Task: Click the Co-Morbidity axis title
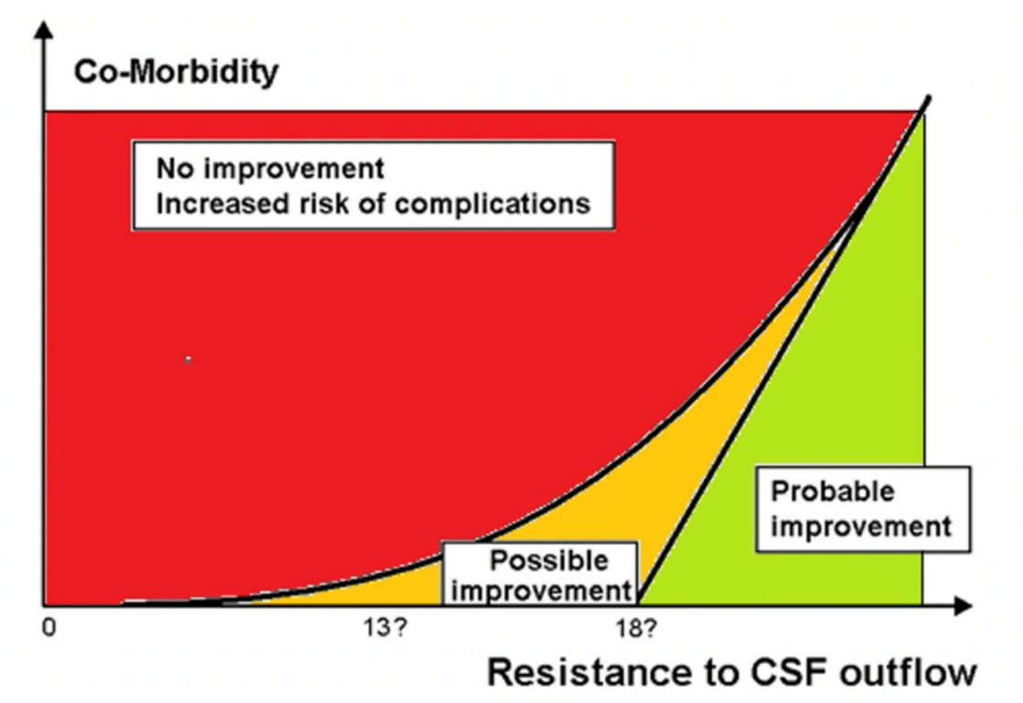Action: tap(176, 73)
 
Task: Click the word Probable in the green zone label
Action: tap(833, 492)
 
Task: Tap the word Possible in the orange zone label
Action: tap(549, 560)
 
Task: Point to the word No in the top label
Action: tap(171, 169)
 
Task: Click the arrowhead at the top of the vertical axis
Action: tap(42, 29)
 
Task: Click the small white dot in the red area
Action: tap(188, 361)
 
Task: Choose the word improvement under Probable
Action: tap(860, 526)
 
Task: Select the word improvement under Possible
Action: tap(540, 590)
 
